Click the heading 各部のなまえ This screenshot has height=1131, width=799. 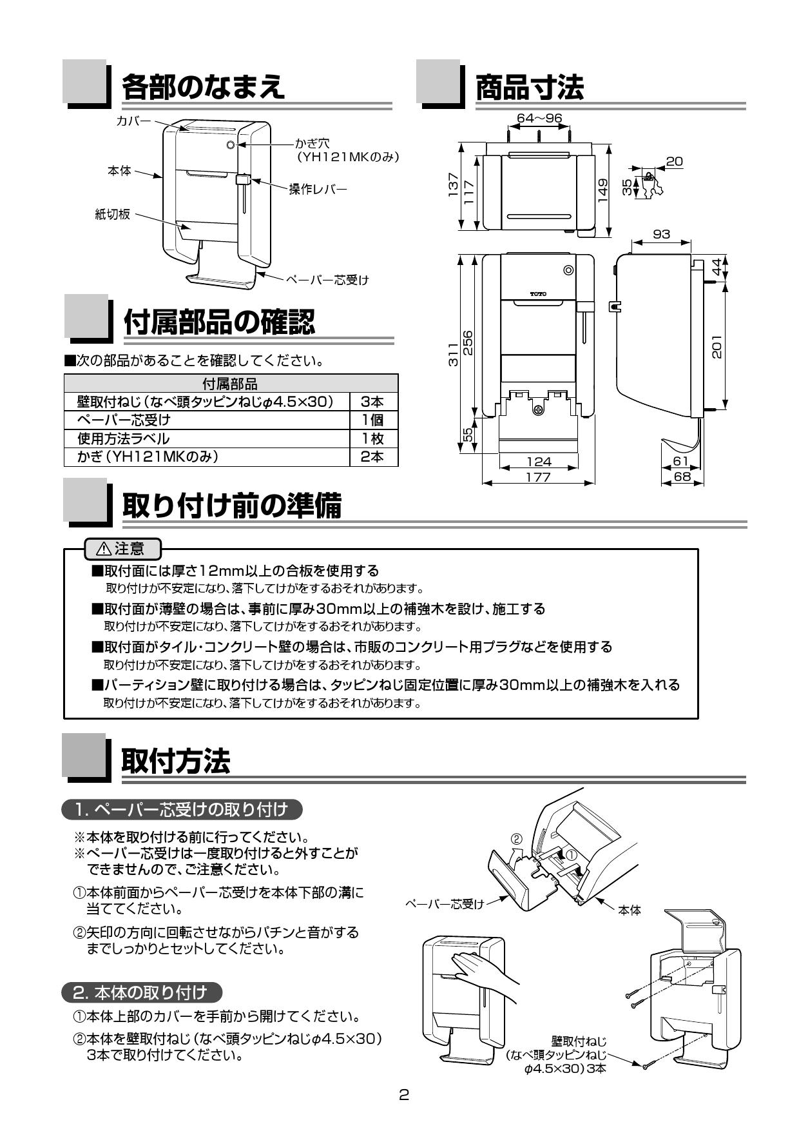pos(203,86)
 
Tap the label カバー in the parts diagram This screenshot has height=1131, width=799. pos(133,121)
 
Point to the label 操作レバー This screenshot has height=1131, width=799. pos(318,190)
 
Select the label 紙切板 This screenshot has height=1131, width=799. pos(113,214)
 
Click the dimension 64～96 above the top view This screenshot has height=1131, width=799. pos(539,118)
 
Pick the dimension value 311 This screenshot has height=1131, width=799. pos(454,354)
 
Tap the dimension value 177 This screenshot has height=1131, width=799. pos(538,477)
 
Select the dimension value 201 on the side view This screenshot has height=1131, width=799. pos(717,346)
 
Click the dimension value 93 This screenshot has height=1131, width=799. pos(661,234)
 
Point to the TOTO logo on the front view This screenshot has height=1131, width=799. pos(538,294)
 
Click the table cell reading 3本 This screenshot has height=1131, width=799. pos(373,402)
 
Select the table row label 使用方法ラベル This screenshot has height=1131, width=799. pos(124,438)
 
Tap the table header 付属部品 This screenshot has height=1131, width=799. pos(230,384)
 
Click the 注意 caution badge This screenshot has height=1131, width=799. pos(122,549)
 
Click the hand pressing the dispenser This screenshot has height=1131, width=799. pos(480,972)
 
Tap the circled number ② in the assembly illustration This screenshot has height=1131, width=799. pos(516,839)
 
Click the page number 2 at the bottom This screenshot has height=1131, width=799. pos(404,1094)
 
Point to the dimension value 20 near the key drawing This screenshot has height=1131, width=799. pos(674,162)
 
